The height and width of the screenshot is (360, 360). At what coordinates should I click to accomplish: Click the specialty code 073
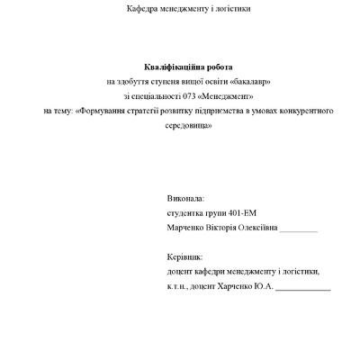tap(191, 96)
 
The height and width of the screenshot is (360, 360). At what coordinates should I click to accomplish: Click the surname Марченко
tap(185, 228)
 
